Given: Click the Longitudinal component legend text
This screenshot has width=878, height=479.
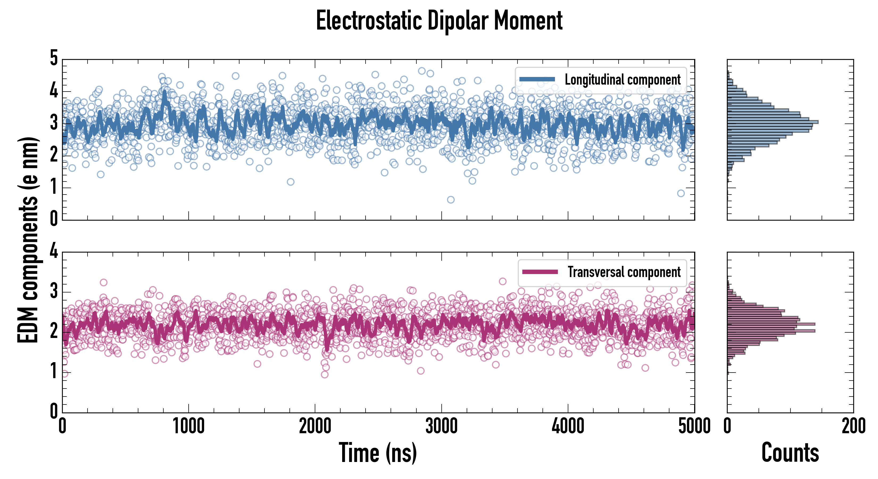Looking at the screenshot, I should coord(622,80).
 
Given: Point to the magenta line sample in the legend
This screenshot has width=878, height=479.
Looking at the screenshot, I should coord(540,272).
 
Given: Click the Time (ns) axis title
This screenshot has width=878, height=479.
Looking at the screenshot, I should coord(378,453).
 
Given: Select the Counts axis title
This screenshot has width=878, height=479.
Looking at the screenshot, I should coord(790,453).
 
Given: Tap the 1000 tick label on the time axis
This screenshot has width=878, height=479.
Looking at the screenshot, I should coord(188,426).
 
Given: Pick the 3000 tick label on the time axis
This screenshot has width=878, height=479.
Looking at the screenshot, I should coord(441,426).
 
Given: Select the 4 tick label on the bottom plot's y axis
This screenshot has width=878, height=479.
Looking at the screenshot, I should coord(54,251).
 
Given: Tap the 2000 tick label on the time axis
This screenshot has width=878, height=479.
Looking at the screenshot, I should coord(315,426).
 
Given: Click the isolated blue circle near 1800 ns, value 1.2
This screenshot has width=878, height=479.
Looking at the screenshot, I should coord(290,182).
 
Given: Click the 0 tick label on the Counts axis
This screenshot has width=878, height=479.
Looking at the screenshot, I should coord(727,426).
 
